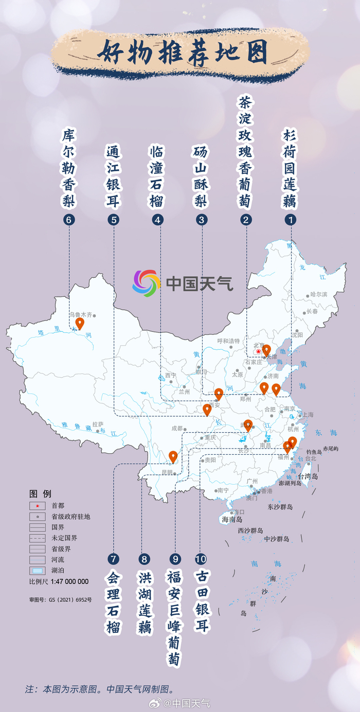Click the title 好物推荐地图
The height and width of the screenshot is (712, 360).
tap(183, 52)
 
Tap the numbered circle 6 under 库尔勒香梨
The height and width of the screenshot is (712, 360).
tap(69, 220)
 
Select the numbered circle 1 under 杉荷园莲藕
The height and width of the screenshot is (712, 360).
tap(291, 220)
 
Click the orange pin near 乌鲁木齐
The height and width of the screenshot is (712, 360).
tap(80, 323)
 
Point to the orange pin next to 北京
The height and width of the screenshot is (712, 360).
tap(266, 350)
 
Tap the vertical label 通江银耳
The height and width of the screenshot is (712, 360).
tap(113, 176)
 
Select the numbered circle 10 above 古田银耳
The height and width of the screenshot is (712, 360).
tap(200, 559)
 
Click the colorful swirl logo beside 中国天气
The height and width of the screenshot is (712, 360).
tap(147, 283)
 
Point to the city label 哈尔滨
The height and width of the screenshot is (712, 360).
tap(318, 295)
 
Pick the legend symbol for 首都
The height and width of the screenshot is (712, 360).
tap(38, 506)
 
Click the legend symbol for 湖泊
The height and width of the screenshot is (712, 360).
tap(38, 571)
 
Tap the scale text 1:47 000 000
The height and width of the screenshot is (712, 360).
tap(69, 582)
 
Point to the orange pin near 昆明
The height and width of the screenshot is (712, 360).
tap(173, 456)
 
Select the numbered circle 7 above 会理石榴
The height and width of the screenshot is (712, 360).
tap(113, 559)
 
